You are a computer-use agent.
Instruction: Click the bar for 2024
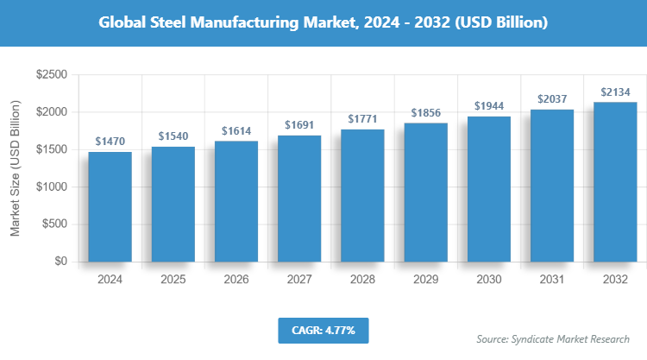pyautogui.click(x=110, y=206)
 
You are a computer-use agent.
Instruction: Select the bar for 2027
pyautogui.click(x=298, y=199)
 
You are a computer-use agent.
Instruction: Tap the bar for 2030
pyautogui.click(x=488, y=189)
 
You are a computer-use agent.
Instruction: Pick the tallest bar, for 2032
pyautogui.click(x=614, y=181)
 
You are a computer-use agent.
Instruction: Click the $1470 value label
pyautogui.click(x=110, y=141)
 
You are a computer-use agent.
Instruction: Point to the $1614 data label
pyautogui.click(x=236, y=130)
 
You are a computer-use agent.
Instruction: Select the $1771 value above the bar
pyautogui.click(x=361, y=118)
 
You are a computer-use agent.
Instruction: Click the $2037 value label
pyautogui.click(x=551, y=98)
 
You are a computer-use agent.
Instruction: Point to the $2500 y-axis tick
pyautogui.click(x=52, y=75)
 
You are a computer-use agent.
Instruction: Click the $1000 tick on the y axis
pyautogui.click(x=52, y=187)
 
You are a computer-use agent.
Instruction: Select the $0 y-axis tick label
pyautogui.click(x=61, y=262)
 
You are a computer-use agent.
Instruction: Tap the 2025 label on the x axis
pyautogui.click(x=173, y=280)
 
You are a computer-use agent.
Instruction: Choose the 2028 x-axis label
pyautogui.click(x=361, y=280)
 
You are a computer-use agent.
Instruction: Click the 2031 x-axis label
pyautogui.click(x=551, y=280)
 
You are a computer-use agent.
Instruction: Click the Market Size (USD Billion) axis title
pyautogui.click(x=16, y=168)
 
